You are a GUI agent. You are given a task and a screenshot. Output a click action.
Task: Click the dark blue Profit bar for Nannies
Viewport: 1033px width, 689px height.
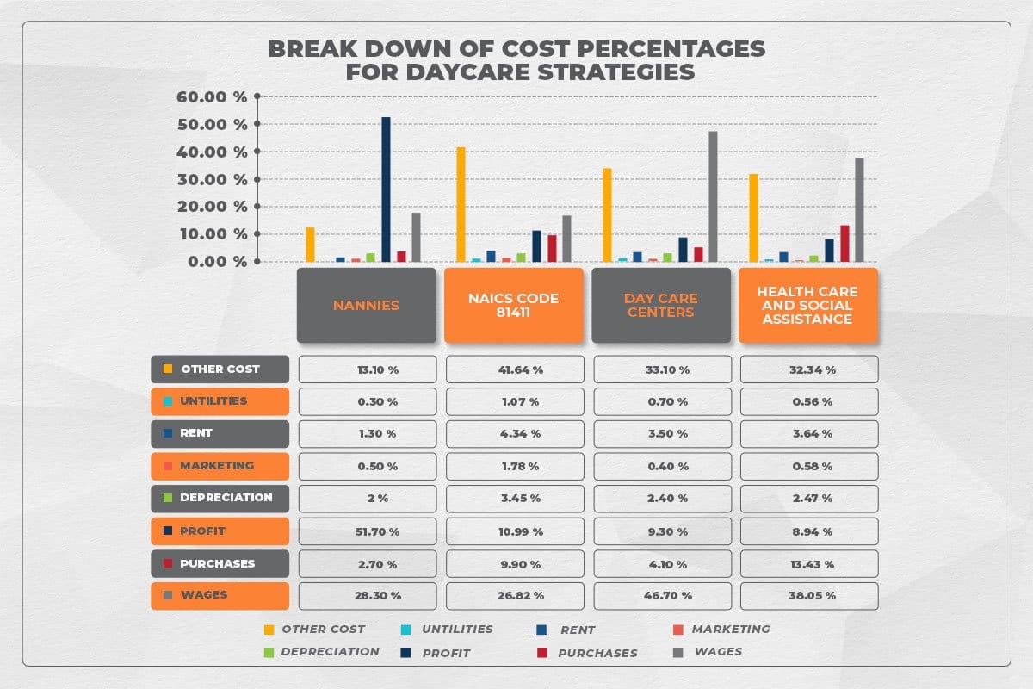[x=386, y=189]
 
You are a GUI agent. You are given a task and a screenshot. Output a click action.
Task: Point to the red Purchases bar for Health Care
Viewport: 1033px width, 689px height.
[x=844, y=243]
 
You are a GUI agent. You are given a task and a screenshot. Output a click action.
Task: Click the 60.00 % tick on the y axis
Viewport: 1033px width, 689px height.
[x=212, y=96]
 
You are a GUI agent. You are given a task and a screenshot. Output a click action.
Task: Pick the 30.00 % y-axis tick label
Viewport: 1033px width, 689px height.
[x=212, y=179]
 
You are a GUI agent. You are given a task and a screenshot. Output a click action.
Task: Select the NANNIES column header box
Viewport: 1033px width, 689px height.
[x=366, y=305]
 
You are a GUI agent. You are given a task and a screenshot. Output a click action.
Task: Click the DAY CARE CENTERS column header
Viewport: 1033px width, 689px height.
[x=660, y=305]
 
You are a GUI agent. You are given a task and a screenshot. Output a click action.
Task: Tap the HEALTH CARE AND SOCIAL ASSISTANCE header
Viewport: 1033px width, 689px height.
[x=807, y=305]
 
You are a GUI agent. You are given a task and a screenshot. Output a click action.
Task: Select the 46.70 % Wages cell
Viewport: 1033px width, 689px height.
[x=663, y=595]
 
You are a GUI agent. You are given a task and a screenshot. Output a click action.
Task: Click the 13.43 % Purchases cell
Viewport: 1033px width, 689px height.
[x=809, y=564]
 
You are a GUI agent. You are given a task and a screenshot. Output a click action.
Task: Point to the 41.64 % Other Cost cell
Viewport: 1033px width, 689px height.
[x=515, y=369]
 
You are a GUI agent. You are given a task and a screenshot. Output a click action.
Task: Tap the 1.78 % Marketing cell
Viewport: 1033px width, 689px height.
[x=515, y=467]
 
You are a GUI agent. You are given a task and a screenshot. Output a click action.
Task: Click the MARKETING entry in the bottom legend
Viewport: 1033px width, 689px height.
[x=730, y=629]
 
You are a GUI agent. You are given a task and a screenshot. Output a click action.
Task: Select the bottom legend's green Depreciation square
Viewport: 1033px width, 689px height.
[x=269, y=652]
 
